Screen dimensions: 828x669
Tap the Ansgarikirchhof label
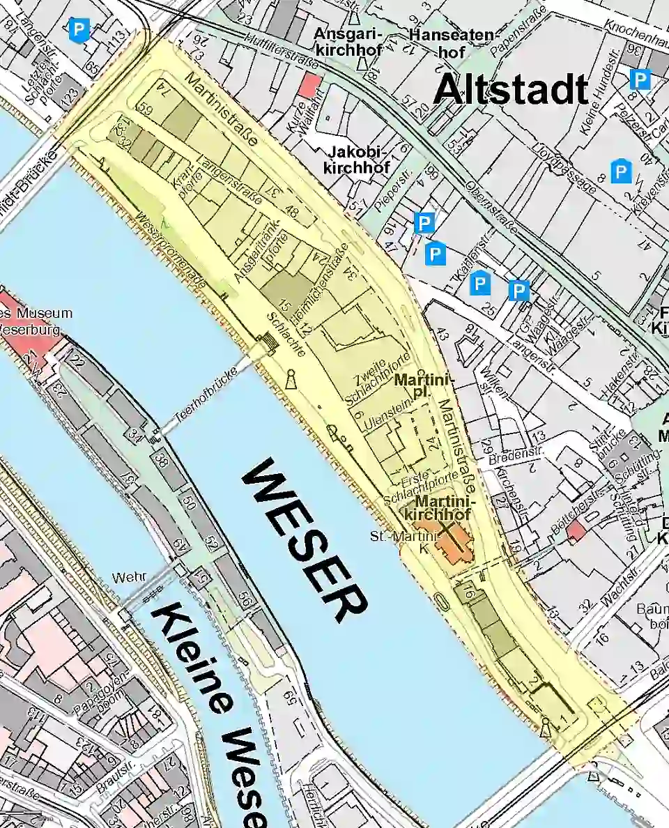coord(348,42)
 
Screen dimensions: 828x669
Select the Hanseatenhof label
coord(452,42)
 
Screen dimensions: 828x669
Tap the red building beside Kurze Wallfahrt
coord(309,86)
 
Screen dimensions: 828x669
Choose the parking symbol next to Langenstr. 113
coord(79,30)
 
